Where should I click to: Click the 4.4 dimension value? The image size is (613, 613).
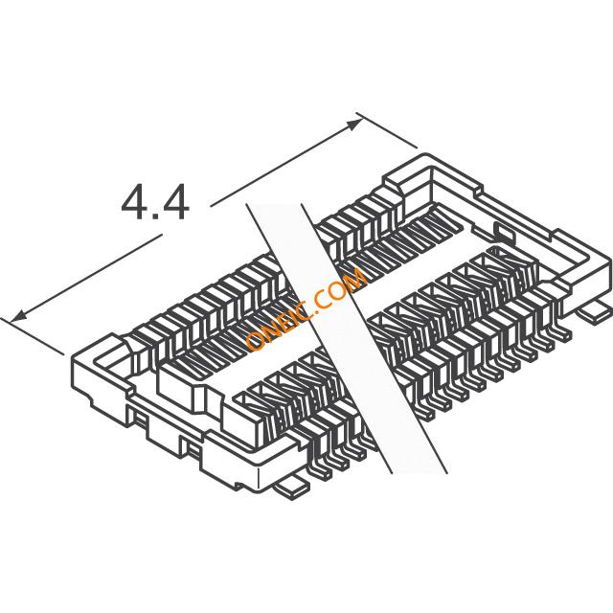click(x=154, y=203)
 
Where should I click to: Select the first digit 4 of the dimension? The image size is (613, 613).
click(x=133, y=203)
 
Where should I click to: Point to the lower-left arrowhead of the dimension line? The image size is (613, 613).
click(x=16, y=315)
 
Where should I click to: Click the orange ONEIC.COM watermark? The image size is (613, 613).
click(x=305, y=307)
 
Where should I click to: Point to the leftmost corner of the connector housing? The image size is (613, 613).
click(x=72, y=358)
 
